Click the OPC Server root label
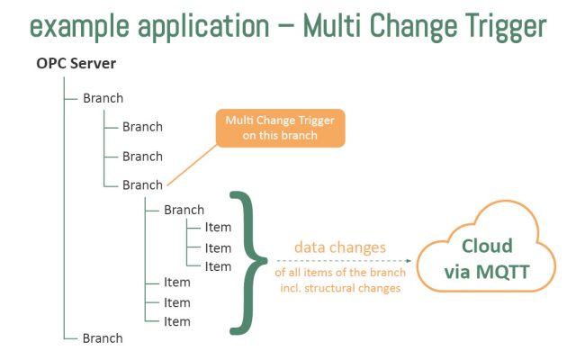(76, 65)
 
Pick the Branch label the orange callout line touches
(142, 184)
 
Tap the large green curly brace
(252, 262)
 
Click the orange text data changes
(340, 247)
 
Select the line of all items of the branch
(340, 273)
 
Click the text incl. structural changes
(340, 288)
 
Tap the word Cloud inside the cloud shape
(487, 246)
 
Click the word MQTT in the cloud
(501, 270)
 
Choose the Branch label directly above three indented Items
(184, 210)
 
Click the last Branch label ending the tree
(102, 338)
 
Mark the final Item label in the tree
(177, 321)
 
